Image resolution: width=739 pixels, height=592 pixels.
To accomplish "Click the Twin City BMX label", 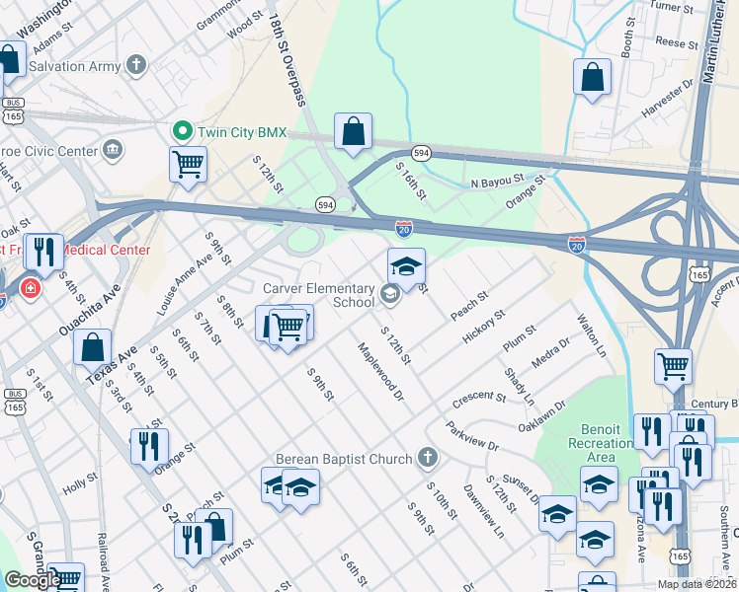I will pyautogui.click(x=241, y=131).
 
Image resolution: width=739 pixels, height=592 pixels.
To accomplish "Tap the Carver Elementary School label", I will pyautogui.click(x=318, y=295).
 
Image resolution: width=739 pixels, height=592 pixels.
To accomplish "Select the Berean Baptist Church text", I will pyautogui.click(x=343, y=459).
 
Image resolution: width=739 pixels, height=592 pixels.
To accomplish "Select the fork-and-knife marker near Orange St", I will pyautogui.click(x=149, y=446).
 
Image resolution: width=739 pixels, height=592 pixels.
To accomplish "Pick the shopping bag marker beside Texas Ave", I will pyautogui.click(x=92, y=347).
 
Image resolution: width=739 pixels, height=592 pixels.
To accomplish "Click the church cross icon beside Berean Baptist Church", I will pyautogui.click(x=427, y=458).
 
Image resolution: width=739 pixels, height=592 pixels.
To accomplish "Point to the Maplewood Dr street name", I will pyautogui.click(x=381, y=372).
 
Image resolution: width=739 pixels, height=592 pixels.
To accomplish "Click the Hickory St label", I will pyautogui.click(x=484, y=328).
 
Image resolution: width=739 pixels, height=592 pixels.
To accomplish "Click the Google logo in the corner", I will pyautogui.click(x=33, y=580).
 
